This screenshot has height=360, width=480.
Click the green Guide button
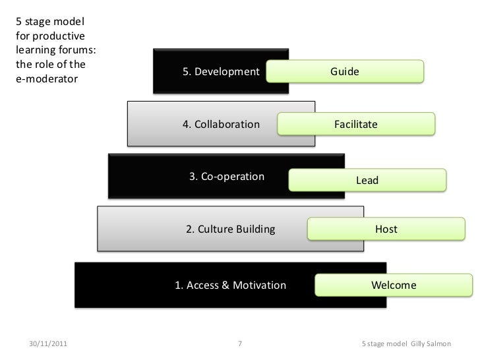click(345, 72)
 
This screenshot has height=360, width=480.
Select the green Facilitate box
click(356, 124)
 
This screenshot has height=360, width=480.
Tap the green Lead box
click(367, 180)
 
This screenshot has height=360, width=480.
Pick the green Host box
click(386, 229)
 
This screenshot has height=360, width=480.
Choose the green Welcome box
click(394, 285)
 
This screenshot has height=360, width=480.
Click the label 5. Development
click(221, 72)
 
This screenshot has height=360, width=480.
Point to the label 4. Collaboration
click(221, 124)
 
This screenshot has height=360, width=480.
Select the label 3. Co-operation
click(227, 176)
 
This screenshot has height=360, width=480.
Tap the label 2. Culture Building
click(230, 229)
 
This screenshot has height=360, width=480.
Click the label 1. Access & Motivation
click(230, 285)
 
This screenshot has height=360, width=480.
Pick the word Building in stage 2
click(255, 229)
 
